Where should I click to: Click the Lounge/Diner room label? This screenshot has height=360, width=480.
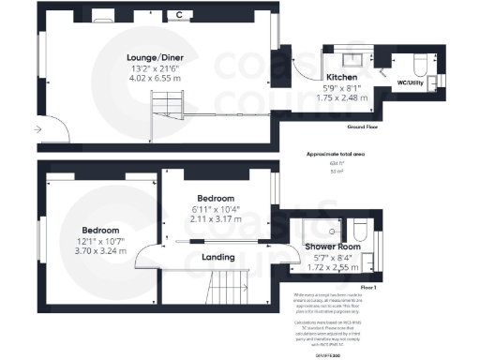tap(156, 57)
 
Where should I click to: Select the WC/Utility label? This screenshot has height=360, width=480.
tap(414, 83)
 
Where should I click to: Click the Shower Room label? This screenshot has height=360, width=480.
tap(333, 247)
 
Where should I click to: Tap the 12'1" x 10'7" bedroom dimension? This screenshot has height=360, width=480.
tap(99, 241)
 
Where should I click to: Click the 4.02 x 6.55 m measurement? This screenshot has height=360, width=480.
tap(156, 81)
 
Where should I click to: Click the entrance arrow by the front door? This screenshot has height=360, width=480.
tap(37, 128)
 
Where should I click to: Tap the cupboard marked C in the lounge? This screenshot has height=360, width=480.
tap(179, 15)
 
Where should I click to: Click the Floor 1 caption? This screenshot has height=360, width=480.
tap(368, 286)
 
